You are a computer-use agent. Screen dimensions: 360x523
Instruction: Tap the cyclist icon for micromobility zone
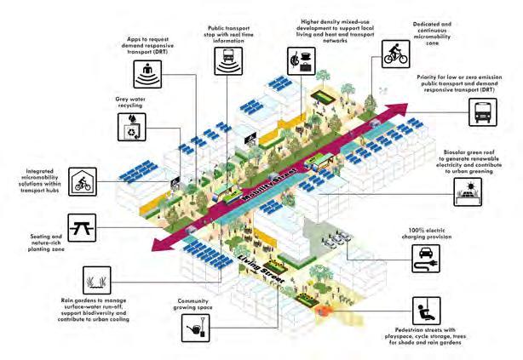pos(396,55)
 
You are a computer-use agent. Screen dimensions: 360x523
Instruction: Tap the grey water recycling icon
pos(129,128)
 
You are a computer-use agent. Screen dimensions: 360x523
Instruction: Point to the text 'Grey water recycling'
pos(129,102)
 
